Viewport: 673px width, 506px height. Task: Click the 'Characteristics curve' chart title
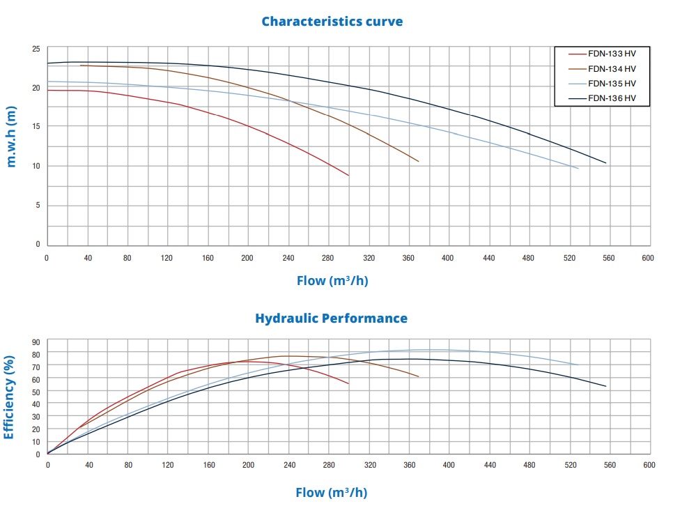click(332, 21)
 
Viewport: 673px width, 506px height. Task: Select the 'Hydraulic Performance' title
click(331, 319)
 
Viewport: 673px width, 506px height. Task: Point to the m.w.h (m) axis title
click(12, 136)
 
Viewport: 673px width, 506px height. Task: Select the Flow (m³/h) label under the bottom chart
click(331, 493)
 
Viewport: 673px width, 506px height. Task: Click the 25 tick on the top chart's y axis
click(36, 49)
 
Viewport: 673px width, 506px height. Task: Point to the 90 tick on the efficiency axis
click(36, 342)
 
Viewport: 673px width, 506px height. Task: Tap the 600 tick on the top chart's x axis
click(648, 258)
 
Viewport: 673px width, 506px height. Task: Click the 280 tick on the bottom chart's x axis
click(328, 464)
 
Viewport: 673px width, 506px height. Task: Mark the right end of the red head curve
click(348, 176)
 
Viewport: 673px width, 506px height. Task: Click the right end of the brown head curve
click(419, 162)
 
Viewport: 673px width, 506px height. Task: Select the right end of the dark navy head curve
click(606, 163)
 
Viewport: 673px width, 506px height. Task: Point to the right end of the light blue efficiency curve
click(579, 365)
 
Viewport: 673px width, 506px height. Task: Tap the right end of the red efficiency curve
click(348, 383)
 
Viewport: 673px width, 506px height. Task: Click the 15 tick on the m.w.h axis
click(36, 126)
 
